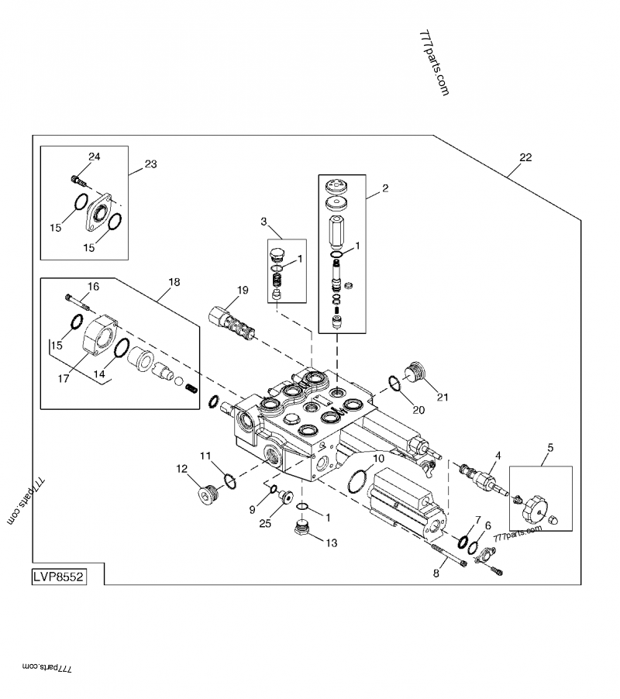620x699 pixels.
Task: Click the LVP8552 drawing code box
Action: coord(59,577)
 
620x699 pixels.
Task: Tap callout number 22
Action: coord(525,157)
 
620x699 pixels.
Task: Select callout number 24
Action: coord(94,157)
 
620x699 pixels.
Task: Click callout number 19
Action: coord(243,291)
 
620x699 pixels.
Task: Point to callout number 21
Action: coord(443,398)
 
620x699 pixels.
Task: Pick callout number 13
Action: coord(331,543)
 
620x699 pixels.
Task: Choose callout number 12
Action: coord(181,468)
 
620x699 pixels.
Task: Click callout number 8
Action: coord(436,573)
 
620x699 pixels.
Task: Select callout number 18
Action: coord(174,282)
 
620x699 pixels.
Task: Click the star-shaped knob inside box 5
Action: coord(534,510)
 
